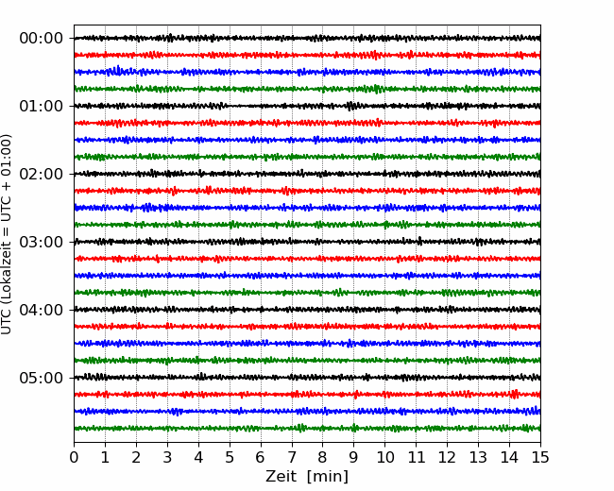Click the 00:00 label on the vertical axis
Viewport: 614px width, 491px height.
[x=42, y=39]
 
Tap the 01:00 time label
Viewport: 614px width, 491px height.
[x=42, y=106]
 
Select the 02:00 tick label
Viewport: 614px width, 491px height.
[x=42, y=174]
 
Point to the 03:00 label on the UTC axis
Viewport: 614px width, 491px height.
[x=42, y=242]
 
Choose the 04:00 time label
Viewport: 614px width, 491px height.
[x=42, y=310]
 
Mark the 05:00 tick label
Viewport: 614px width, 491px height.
[x=42, y=378]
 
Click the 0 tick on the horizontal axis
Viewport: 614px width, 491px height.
[x=74, y=457]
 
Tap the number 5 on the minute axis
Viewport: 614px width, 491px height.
[x=230, y=457]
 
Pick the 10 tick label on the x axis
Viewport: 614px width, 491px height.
[x=384, y=457]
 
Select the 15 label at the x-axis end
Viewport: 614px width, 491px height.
[x=540, y=457]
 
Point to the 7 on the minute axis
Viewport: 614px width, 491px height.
[x=292, y=457]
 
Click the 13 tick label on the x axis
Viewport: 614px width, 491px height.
[x=478, y=457]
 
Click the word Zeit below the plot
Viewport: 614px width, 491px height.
[x=281, y=477]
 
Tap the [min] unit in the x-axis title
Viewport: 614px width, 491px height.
[x=328, y=477]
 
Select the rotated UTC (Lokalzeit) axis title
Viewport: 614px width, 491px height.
[x=7, y=234]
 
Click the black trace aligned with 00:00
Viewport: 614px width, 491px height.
[x=307, y=38]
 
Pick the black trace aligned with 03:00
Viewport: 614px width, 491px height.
[x=307, y=242]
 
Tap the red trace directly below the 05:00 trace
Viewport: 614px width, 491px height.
[x=307, y=395]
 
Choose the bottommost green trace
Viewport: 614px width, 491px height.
[x=307, y=429]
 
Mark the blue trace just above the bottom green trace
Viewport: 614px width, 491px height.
[x=307, y=411]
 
